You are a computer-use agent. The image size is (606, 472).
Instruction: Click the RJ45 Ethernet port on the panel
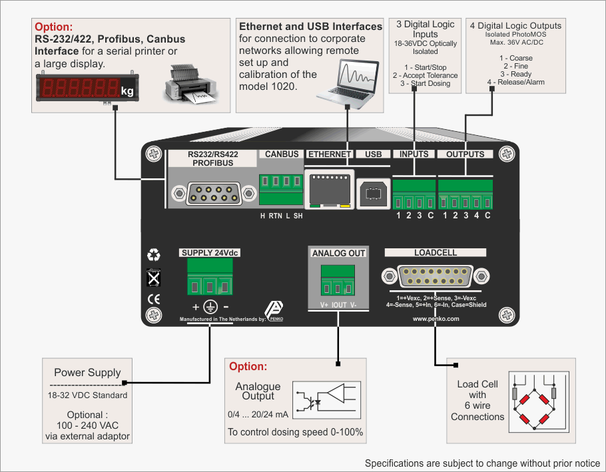pyautogui.click(x=328, y=189)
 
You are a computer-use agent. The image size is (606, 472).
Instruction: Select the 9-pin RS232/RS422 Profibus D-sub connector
pyautogui.click(x=213, y=194)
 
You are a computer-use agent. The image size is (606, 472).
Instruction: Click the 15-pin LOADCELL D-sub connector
pyautogui.click(x=435, y=276)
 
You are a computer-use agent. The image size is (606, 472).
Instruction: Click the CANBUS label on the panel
pyautogui.click(x=282, y=154)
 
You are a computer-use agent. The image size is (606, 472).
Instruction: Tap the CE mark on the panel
pyautogui.click(x=154, y=298)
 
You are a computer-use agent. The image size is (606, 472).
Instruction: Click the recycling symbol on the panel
pyautogui.click(x=154, y=254)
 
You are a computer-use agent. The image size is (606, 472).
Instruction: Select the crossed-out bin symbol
pyautogui.click(x=154, y=277)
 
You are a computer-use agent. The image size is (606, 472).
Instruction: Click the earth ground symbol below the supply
pyautogui.click(x=210, y=307)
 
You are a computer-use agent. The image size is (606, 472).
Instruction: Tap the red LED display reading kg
pyautogui.click(x=87, y=89)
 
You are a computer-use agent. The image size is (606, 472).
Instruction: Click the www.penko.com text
pyautogui.click(x=436, y=319)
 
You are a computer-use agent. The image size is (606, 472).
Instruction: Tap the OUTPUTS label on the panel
pyautogui.click(x=465, y=154)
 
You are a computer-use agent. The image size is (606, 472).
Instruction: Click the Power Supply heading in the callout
pyautogui.click(x=87, y=373)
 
